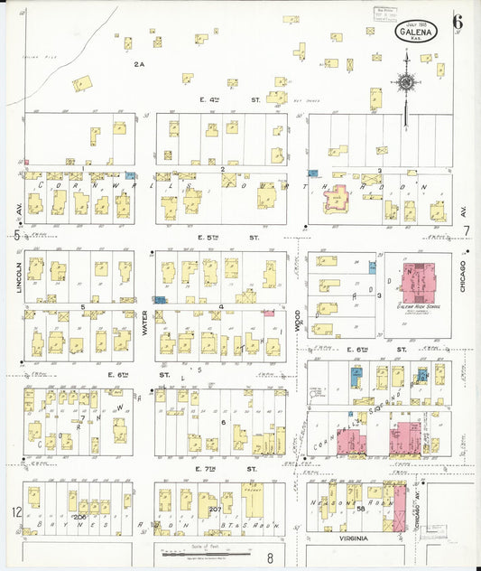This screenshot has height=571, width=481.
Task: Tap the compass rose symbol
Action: (406, 82)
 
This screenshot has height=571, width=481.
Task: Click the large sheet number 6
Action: (458, 22)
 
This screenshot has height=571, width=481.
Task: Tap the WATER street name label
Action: (144, 323)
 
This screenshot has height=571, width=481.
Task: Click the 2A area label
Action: (139, 64)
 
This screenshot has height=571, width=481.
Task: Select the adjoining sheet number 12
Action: (15, 512)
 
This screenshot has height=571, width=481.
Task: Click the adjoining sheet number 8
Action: (269, 560)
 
